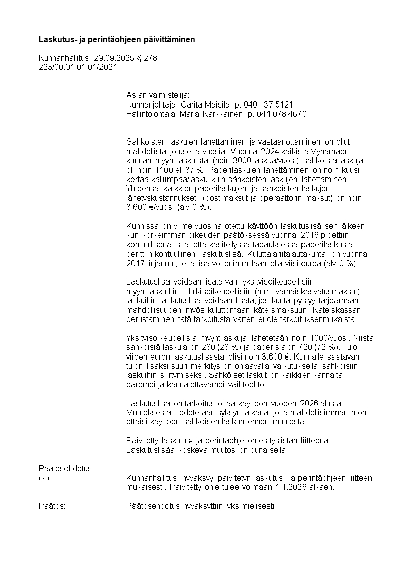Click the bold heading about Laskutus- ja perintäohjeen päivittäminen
click(x=117, y=39)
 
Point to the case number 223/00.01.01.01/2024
click(x=78, y=67)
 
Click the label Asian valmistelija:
click(x=157, y=95)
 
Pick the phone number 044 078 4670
click(x=284, y=114)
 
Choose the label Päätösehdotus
click(x=65, y=468)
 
